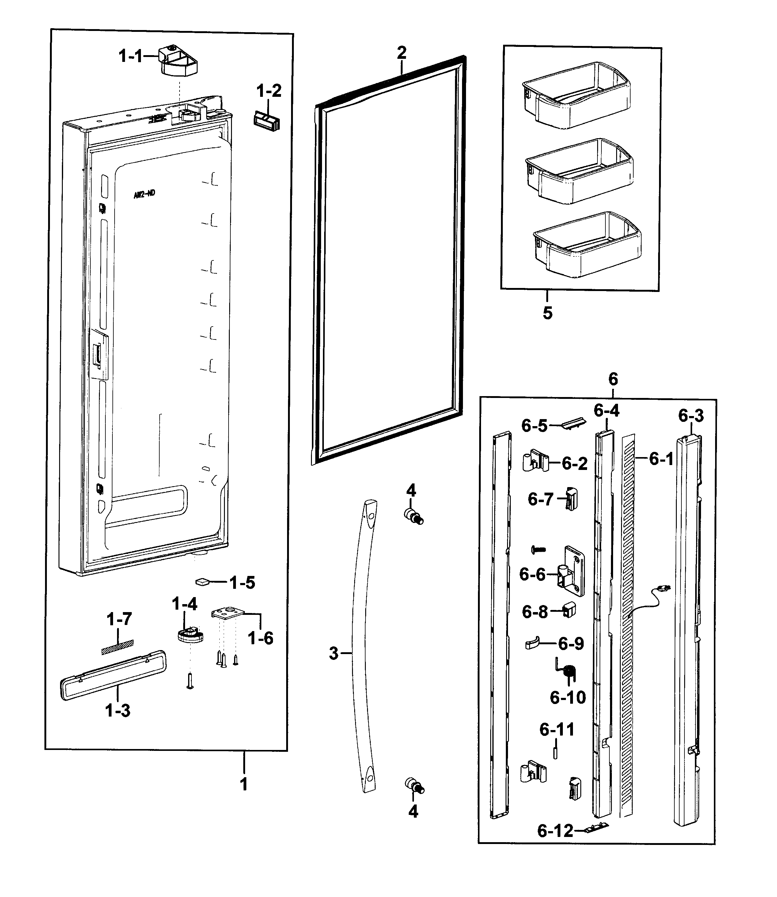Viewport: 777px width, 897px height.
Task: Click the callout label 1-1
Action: [131, 56]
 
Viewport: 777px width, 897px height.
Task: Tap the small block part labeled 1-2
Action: [267, 121]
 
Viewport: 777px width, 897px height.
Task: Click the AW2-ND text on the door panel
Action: [144, 194]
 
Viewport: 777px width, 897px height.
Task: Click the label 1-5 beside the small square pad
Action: [242, 583]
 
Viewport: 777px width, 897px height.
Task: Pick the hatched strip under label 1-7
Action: [118, 647]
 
